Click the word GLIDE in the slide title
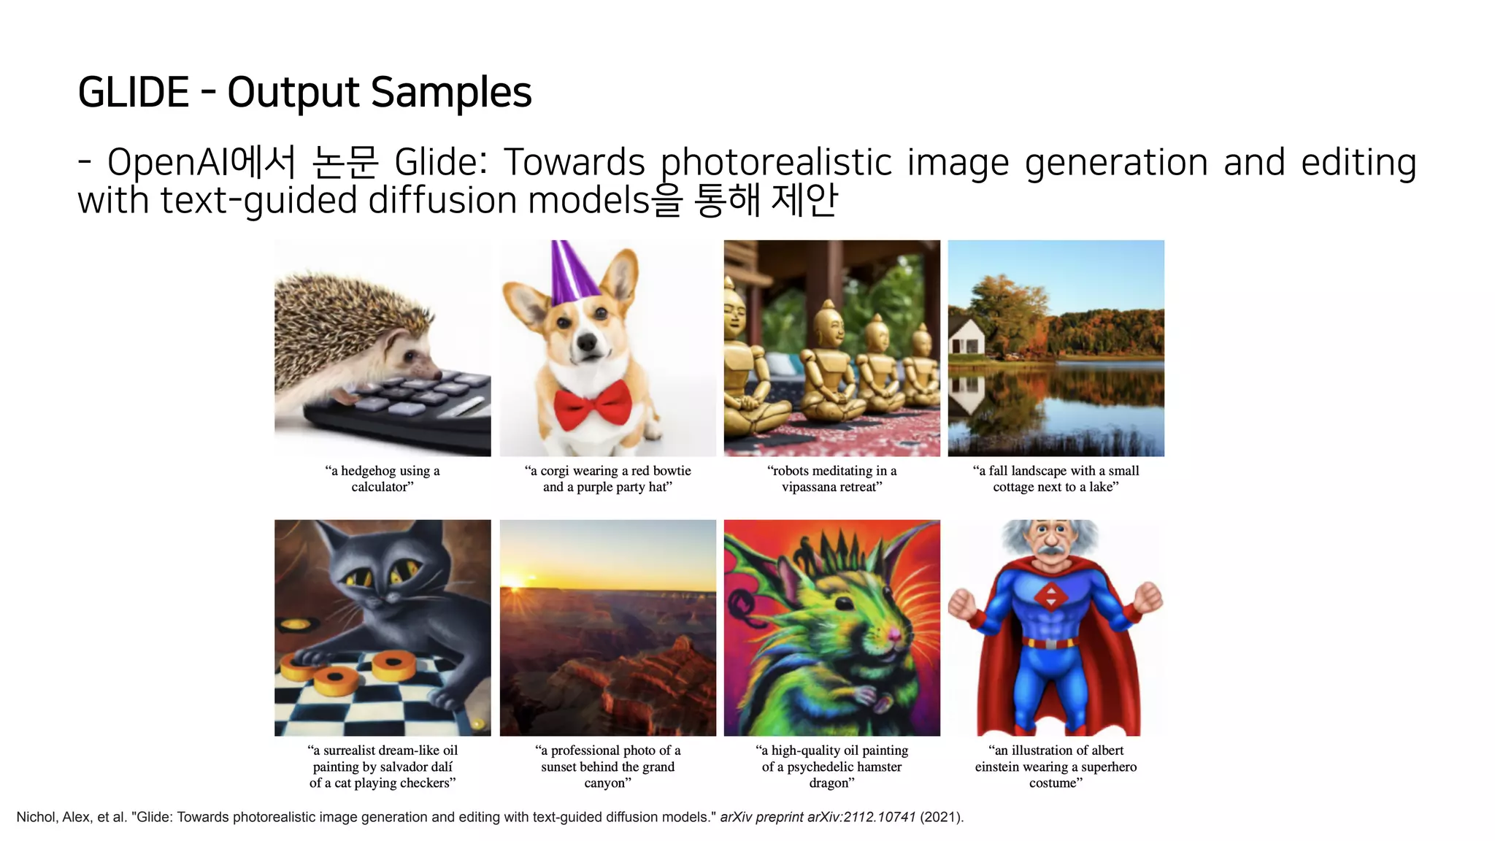[134, 93]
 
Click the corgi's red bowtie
[592, 404]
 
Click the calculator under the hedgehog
[409, 412]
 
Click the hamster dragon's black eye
[845, 603]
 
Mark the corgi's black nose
[587, 342]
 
